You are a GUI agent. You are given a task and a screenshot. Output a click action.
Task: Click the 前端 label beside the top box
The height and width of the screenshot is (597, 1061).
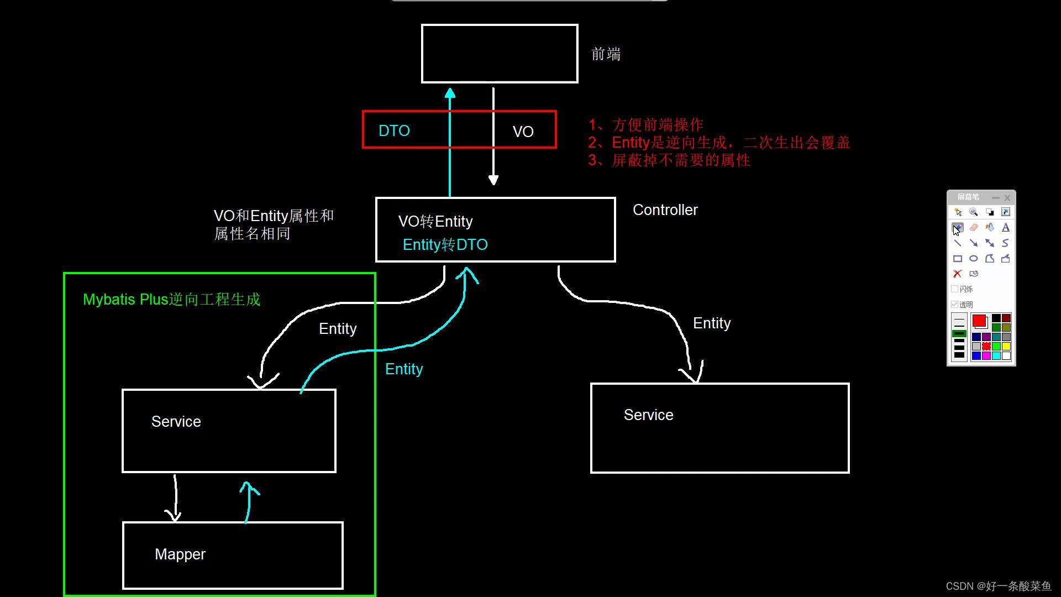(x=606, y=54)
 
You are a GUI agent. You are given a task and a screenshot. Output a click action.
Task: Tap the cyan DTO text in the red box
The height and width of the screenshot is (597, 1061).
(x=394, y=131)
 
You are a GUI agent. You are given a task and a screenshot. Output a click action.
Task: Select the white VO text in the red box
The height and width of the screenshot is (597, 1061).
(x=523, y=132)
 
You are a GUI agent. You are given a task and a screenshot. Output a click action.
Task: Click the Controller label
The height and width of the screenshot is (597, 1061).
(x=665, y=210)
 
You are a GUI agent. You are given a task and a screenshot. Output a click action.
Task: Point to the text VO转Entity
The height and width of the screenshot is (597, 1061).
(x=435, y=222)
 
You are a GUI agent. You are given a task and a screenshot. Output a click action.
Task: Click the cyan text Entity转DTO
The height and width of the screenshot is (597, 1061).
(x=445, y=245)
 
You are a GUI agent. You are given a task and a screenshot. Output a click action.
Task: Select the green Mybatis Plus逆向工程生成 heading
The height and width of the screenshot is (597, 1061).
(x=171, y=300)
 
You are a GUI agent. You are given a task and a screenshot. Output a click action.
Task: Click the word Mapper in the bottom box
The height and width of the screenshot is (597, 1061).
(x=180, y=554)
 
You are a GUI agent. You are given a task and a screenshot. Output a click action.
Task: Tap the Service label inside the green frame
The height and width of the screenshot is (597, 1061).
(x=176, y=422)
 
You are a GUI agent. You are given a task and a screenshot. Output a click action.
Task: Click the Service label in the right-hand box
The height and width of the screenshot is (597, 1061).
(x=648, y=415)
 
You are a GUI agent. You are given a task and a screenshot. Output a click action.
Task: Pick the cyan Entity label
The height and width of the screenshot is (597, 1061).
(x=403, y=369)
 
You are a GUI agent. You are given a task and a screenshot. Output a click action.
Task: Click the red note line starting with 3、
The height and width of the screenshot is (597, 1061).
(x=669, y=160)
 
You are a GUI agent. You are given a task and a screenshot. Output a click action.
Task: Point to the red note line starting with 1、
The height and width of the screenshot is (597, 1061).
(x=645, y=125)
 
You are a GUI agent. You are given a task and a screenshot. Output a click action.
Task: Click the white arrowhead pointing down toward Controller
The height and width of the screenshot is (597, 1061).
(x=493, y=180)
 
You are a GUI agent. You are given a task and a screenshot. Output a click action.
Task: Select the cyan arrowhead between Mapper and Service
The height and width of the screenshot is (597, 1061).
(x=249, y=488)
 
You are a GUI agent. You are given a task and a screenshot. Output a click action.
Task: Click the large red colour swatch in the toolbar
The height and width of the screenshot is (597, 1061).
(x=979, y=321)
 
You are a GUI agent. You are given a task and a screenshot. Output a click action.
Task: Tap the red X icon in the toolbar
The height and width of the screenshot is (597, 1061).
(x=957, y=274)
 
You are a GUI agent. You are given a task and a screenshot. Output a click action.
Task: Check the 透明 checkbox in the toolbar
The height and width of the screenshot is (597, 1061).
(x=954, y=305)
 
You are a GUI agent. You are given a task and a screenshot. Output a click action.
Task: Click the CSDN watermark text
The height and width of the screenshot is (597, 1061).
(x=998, y=586)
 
